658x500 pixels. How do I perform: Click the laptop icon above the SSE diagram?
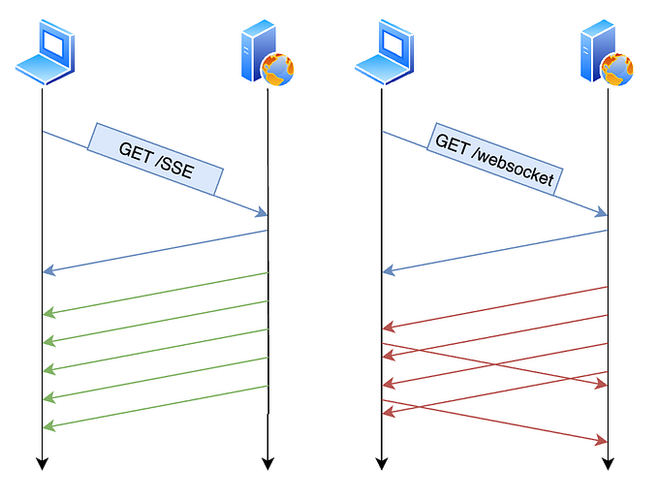point(45,54)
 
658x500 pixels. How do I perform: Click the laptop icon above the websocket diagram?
point(385,54)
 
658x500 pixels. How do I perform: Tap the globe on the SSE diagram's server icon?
point(277,70)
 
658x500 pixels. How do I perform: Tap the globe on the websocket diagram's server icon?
point(617,70)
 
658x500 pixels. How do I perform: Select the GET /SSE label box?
point(156,159)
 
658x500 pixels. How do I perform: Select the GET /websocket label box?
point(494,159)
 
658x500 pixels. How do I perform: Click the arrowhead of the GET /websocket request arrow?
point(602,212)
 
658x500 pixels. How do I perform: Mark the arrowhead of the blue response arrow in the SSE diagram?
point(47,271)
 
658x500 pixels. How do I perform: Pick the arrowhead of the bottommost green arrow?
point(47,426)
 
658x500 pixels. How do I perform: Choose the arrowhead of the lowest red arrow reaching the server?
point(602,442)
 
